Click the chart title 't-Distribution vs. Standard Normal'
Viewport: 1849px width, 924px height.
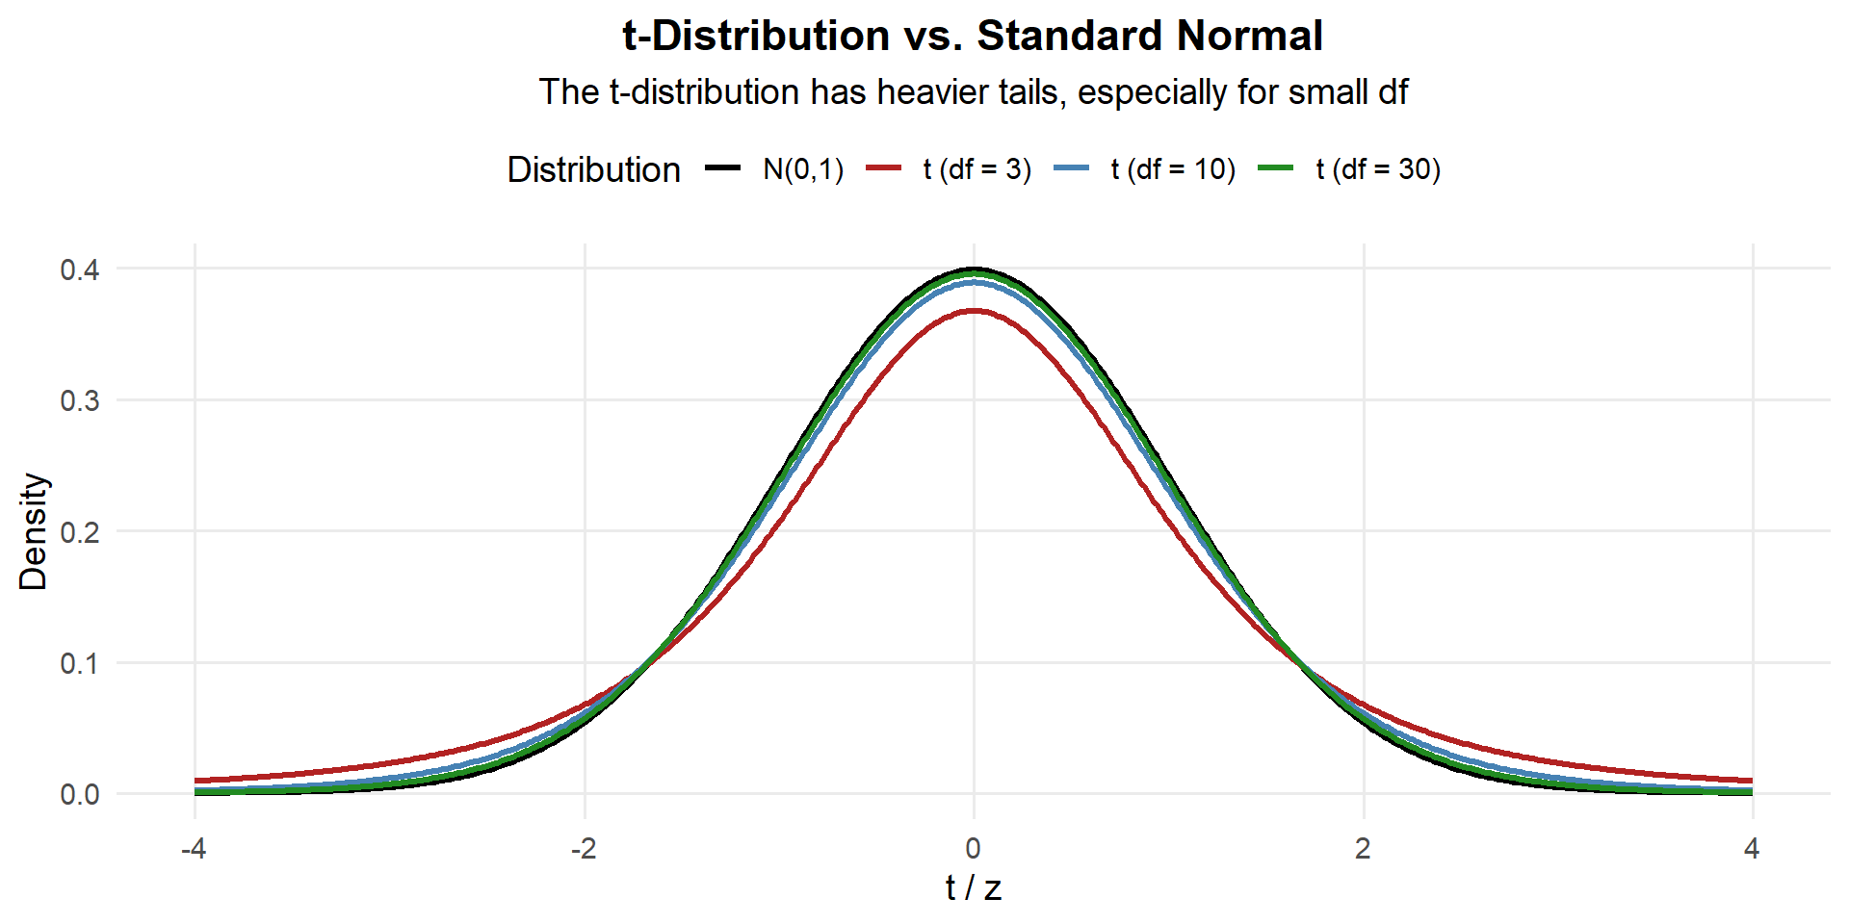[973, 37]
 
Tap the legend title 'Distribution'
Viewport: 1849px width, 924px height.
[593, 169]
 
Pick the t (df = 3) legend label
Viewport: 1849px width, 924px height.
[977, 169]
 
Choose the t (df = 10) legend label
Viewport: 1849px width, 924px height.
[1172, 169]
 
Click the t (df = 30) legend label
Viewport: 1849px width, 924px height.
[1377, 169]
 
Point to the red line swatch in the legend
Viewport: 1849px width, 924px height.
[883, 168]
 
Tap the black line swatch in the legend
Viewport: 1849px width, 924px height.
[722, 168]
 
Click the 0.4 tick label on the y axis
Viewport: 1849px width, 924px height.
[80, 269]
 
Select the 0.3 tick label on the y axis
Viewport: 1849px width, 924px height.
[80, 400]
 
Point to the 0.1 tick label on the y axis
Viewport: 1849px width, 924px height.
[80, 663]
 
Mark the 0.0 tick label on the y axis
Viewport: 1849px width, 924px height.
[80, 795]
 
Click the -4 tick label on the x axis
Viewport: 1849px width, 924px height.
[195, 849]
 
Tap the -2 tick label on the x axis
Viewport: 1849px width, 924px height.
[584, 849]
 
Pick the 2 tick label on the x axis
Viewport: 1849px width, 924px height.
[1363, 849]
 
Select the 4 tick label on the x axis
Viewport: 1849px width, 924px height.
[1752, 849]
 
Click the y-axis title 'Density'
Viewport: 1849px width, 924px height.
[34, 531]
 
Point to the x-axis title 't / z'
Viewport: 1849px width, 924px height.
[974, 888]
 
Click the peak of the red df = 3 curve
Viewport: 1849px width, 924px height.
[974, 311]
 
